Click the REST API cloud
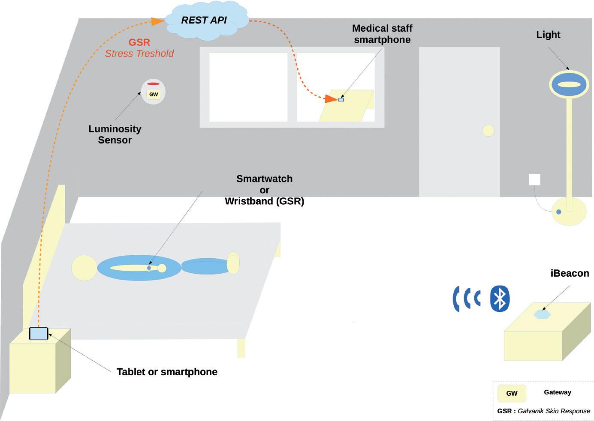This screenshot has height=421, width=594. pos(204,21)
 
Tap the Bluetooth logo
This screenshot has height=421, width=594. pos(500,298)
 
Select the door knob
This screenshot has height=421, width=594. pos(488,131)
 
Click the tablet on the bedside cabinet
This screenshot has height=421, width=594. pos(39,333)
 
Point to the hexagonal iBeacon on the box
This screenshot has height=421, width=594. pos(542,314)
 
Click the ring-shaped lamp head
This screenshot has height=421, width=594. pos(569,84)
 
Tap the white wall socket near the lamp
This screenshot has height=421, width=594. pos(534,179)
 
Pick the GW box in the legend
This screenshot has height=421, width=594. pos(512,393)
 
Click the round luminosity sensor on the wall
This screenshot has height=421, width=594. pos(153,92)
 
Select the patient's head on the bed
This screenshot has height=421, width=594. pos(84,268)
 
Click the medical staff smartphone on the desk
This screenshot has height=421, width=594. pos(341,100)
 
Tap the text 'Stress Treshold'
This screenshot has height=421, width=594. pos(139,54)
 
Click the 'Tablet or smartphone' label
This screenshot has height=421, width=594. pos(167,372)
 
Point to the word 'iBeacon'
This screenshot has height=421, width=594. pos(570,273)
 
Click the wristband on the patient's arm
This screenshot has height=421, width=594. pos(149,268)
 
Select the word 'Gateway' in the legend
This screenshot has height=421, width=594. pos(557,392)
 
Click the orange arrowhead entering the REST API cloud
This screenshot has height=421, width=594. pos(158,21)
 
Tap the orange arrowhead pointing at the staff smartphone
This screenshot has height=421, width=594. pos(331,99)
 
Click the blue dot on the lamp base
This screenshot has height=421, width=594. pos(558,212)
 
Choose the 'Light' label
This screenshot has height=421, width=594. pos(548,35)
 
